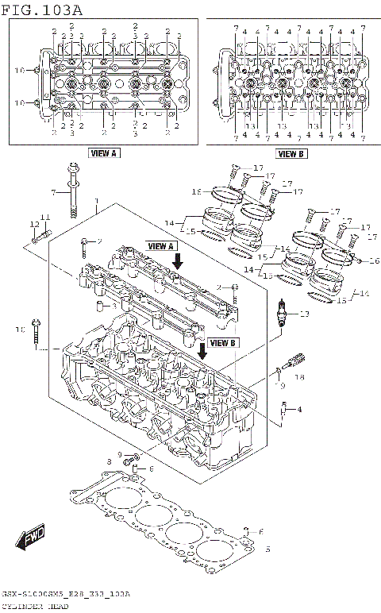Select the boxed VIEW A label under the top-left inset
click(103, 152)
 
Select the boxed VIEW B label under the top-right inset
click(291, 154)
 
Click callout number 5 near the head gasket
click(267, 549)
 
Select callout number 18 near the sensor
click(299, 379)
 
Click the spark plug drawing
click(283, 315)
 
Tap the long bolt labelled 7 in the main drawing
click(73, 191)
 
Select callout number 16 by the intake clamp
click(374, 260)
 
